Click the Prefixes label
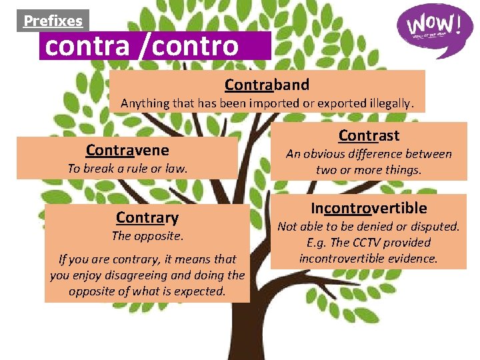53,21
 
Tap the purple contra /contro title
141,46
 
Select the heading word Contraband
267,85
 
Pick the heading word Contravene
127,149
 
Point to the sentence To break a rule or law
127,169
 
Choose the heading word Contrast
369,135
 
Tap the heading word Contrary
147,217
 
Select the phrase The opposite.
147,236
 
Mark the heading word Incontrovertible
368,208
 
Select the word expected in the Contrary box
202,291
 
